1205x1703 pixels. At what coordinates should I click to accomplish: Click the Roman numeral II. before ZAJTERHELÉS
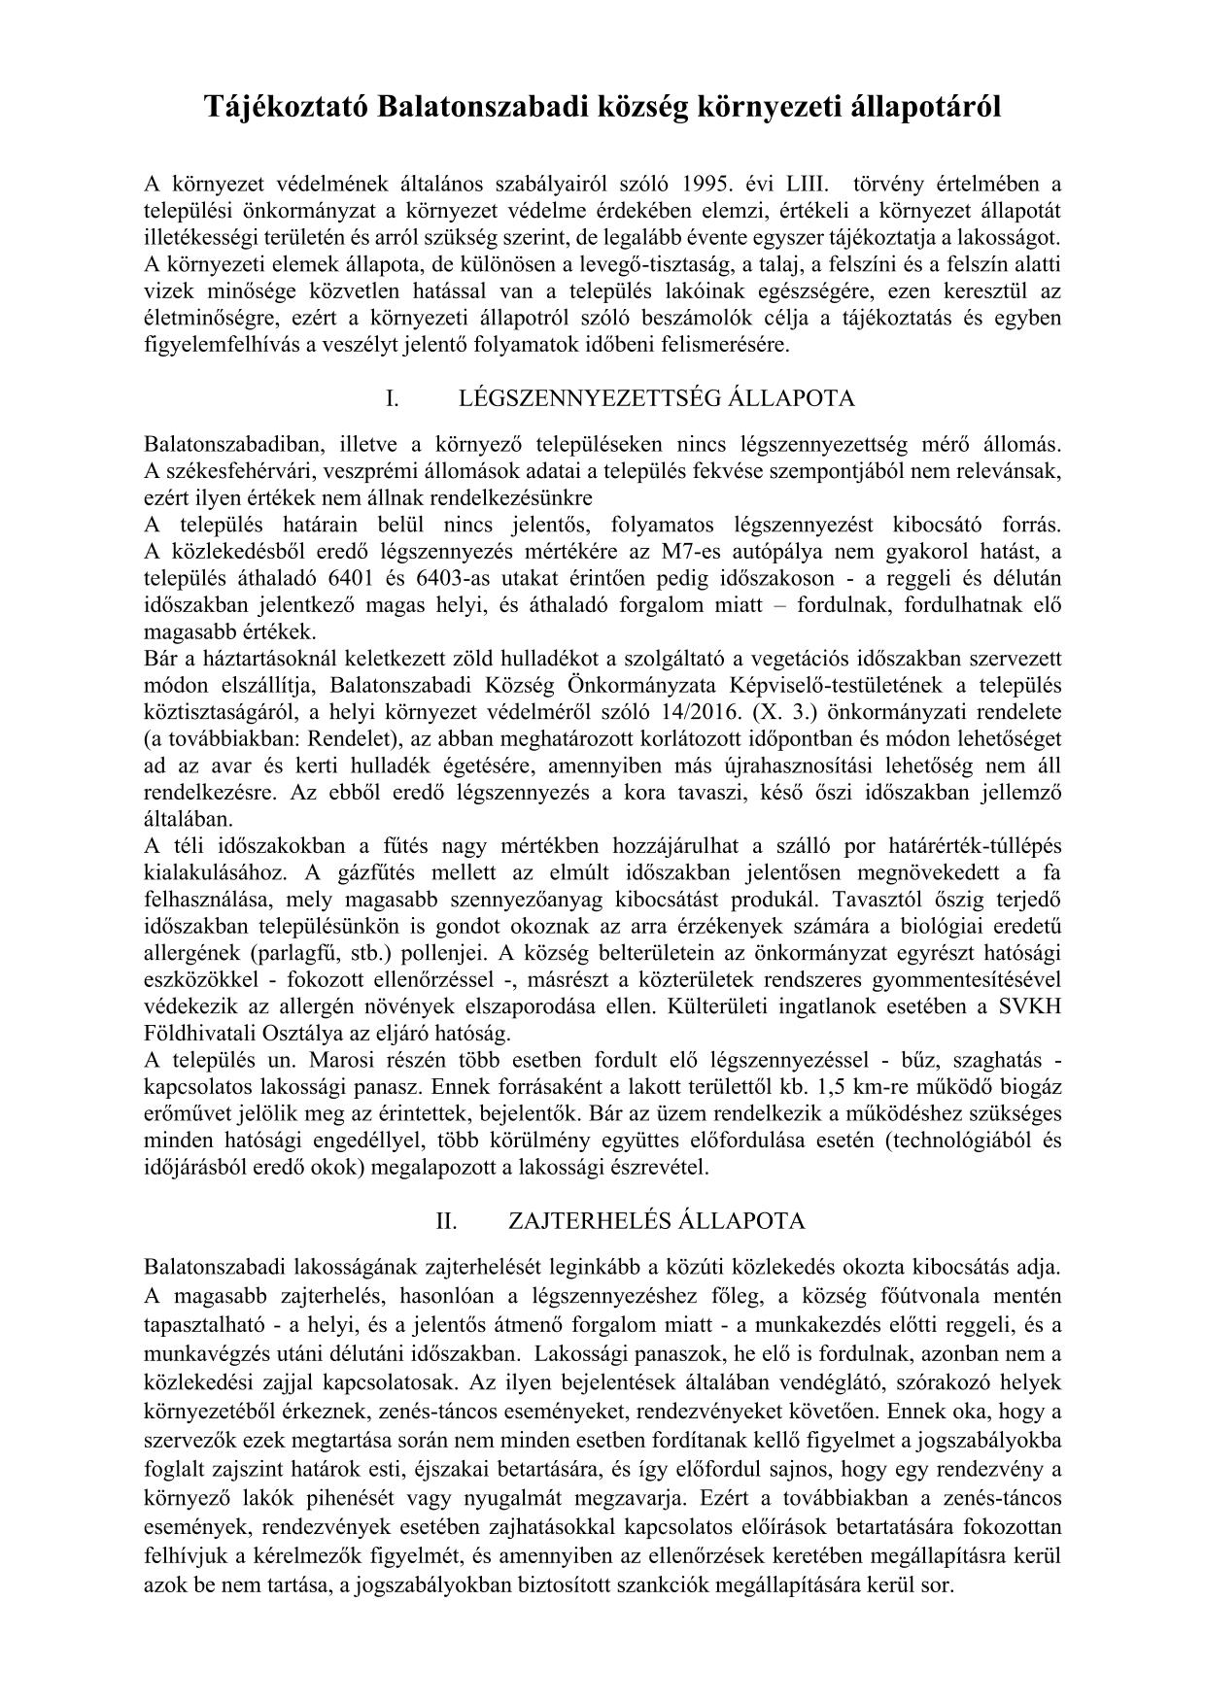click(x=445, y=1221)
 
